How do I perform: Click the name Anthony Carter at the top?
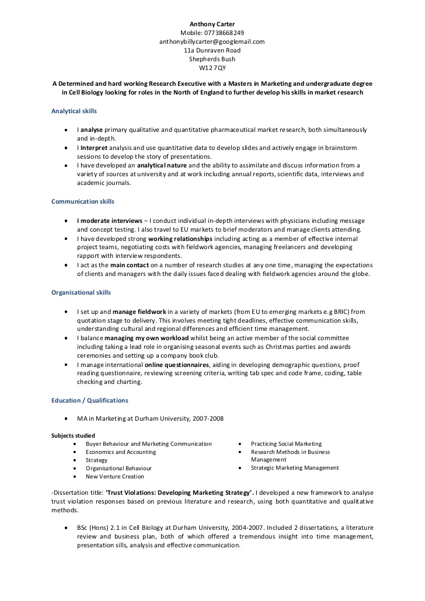(x=212, y=24)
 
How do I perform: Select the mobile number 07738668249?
(x=224, y=33)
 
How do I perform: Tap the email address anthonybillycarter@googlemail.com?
(x=212, y=41)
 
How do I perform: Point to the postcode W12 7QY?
(x=212, y=68)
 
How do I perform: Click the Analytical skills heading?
(x=74, y=111)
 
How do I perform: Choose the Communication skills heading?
(x=83, y=201)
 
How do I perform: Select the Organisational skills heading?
(x=81, y=292)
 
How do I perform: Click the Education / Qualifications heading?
(x=90, y=400)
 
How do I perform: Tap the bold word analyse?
(x=92, y=130)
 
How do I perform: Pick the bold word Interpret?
(x=94, y=148)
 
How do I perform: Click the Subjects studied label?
(x=73, y=435)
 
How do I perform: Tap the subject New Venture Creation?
(x=114, y=476)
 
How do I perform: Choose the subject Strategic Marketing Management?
(x=295, y=467)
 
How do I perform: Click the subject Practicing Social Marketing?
(x=286, y=443)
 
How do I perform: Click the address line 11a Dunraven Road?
(x=212, y=50)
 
